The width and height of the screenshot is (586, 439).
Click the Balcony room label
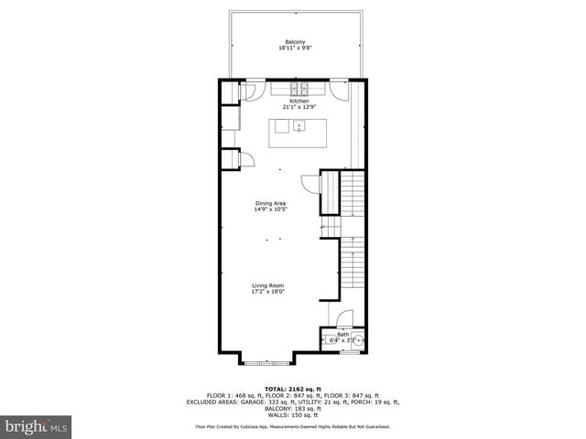(x=294, y=42)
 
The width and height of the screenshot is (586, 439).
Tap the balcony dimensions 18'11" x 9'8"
(x=294, y=48)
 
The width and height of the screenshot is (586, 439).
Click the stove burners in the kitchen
(x=298, y=90)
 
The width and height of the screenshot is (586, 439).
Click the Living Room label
(x=268, y=286)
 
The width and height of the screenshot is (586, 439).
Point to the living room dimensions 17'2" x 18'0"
(x=268, y=292)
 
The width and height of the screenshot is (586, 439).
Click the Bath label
(x=342, y=335)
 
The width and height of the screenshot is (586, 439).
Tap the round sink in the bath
(x=358, y=341)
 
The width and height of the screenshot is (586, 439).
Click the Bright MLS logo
(x=35, y=426)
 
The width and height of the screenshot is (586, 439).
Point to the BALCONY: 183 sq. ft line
(x=293, y=408)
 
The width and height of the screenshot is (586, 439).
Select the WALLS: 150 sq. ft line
(x=293, y=414)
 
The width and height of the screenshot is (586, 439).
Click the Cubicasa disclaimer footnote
(x=293, y=426)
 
